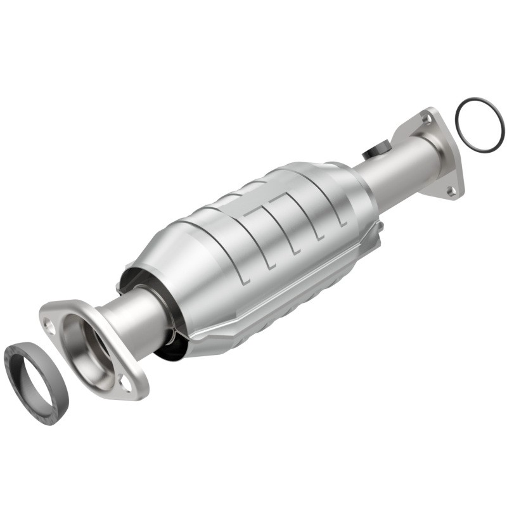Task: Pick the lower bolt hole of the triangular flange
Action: (451, 189)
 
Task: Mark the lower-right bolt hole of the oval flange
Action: (125, 383)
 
